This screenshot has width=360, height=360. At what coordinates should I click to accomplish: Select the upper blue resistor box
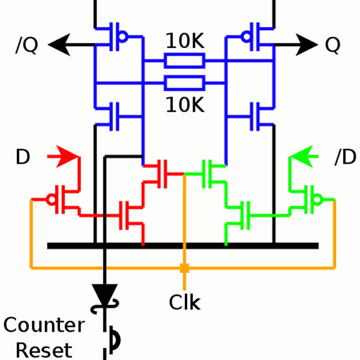(x=185, y=61)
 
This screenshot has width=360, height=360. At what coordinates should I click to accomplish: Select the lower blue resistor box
(x=185, y=82)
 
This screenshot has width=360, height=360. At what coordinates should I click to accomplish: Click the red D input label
(x=23, y=158)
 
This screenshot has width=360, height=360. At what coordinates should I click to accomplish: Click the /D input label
(x=343, y=158)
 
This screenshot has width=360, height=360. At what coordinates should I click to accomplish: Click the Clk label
(x=184, y=302)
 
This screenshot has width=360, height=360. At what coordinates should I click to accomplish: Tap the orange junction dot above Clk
(x=184, y=268)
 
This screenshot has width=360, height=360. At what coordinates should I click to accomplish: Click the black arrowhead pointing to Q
(x=307, y=44)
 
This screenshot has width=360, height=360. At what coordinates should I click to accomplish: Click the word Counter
(x=44, y=326)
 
